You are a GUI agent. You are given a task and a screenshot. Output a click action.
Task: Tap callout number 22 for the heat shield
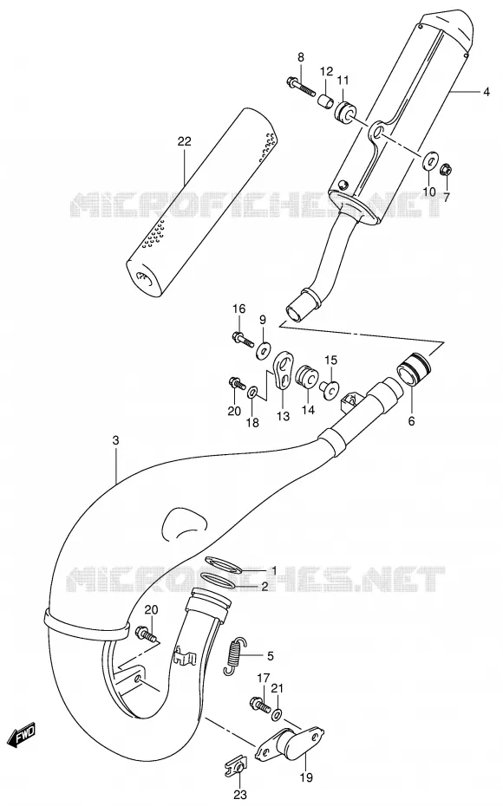[x=184, y=141]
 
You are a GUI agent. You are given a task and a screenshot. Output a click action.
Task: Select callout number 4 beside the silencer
[x=486, y=92]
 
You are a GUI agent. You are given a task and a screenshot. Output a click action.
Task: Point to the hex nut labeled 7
[x=447, y=167]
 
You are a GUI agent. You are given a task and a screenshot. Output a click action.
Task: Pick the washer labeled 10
[x=428, y=160]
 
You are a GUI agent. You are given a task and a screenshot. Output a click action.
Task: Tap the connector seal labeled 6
[x=415, y=367]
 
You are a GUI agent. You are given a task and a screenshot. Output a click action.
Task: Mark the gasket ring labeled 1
[x=223, y=565]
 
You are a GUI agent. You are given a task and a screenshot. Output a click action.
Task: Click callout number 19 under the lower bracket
[x=306, y=777]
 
